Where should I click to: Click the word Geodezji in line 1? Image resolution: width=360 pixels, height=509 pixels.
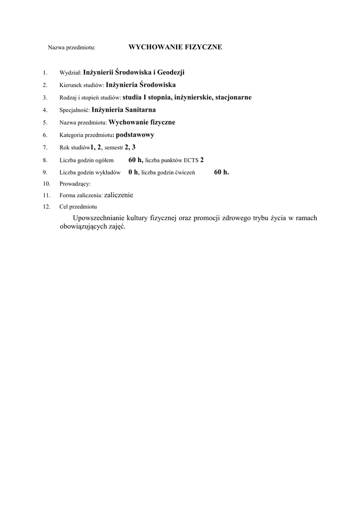click(x=171, y=73)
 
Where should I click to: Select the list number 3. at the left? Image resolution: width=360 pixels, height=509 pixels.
click(x=45, y=97)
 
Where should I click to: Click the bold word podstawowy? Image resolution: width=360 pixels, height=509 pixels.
click(x=135, y=135)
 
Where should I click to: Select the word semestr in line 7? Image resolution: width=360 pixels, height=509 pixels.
click(x=114, y=148)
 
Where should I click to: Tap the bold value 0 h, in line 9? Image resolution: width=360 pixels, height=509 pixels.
click(x=133, y=172)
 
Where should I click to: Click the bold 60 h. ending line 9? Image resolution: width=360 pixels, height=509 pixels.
click(x=222, y=172)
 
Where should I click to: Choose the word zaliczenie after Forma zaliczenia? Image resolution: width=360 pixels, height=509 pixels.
click(x=119, y=195)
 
